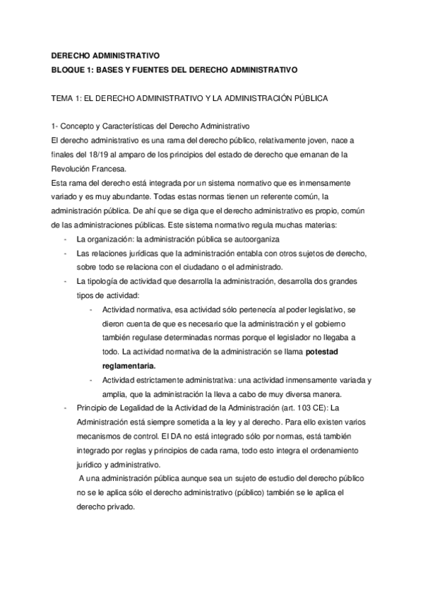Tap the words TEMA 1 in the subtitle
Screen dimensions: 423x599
68,98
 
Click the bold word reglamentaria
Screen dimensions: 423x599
129,366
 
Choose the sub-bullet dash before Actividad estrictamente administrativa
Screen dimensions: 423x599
93,380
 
